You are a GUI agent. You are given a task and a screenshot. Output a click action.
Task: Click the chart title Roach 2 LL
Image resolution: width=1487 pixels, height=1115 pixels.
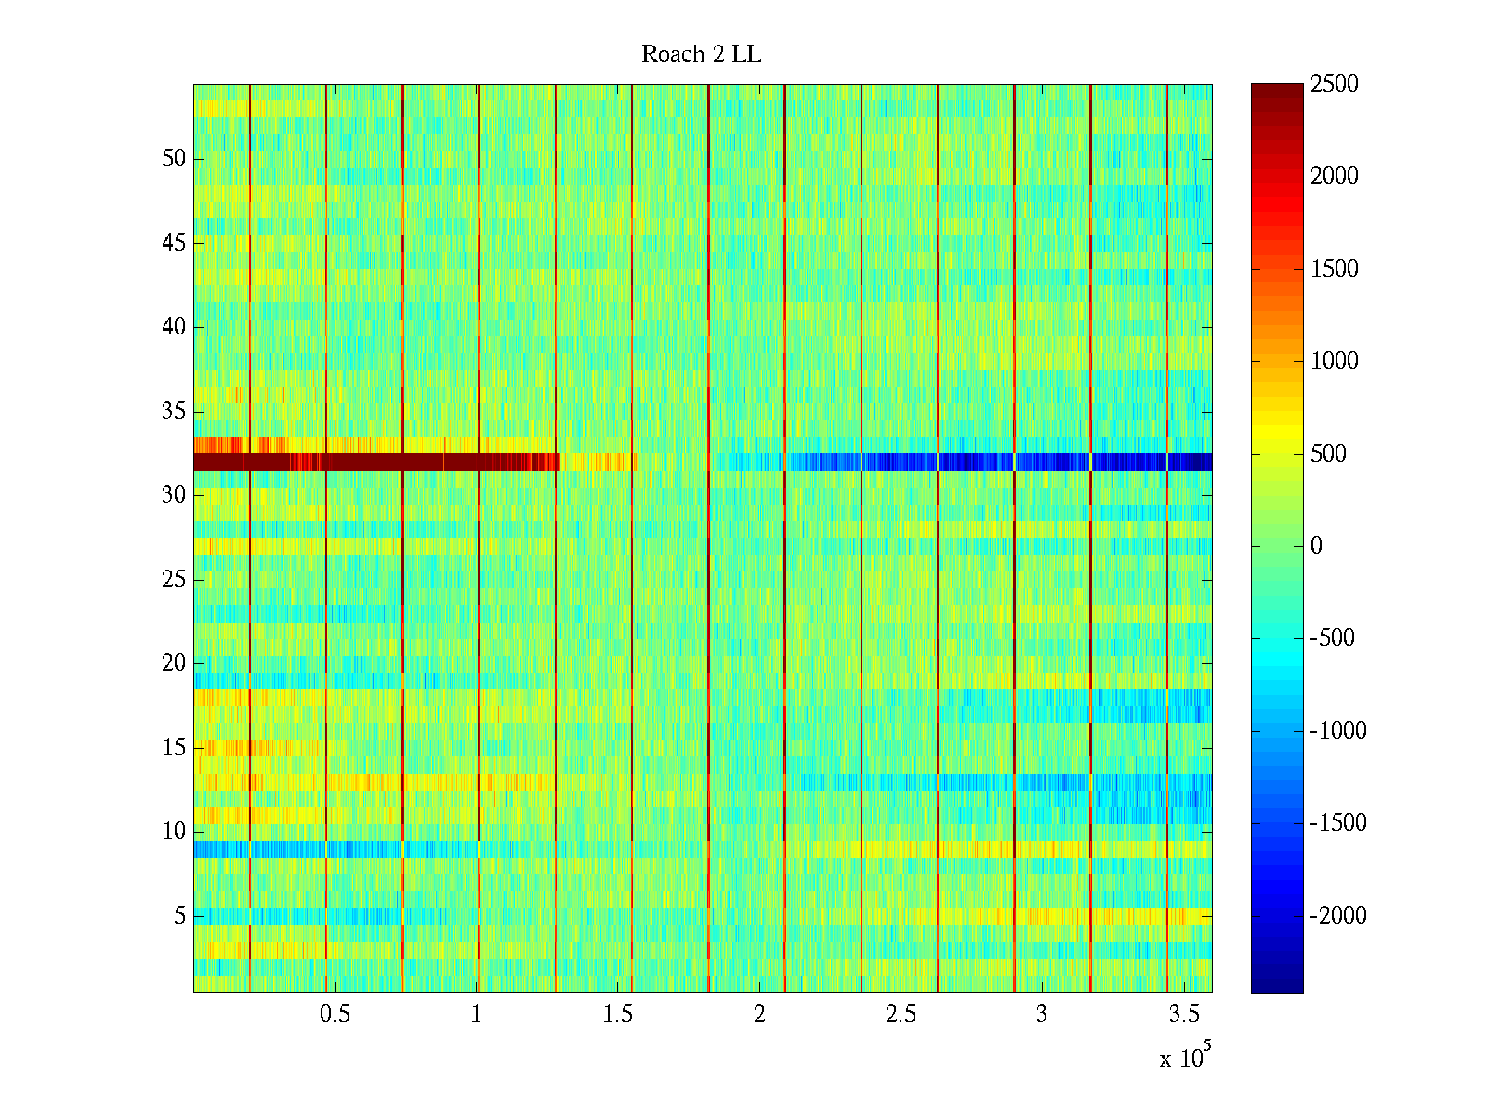(x=701, y=55)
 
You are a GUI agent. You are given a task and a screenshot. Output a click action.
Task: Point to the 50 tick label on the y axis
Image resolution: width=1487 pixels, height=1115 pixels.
(x=174, y=159)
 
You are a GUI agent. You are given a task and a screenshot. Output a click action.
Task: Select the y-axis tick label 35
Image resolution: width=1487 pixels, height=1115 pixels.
(x=174, y=412)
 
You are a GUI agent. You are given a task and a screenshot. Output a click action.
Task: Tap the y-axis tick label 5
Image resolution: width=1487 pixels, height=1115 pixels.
(x=179, y=916)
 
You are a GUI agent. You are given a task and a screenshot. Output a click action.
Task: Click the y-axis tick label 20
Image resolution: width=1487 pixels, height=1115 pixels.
(x=174, y=663)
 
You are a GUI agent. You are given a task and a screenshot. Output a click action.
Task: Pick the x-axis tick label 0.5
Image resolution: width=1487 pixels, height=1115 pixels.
(x=335, y=1015)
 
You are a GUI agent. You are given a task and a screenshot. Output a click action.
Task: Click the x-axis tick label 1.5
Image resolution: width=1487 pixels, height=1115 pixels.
(x=617, y=1015)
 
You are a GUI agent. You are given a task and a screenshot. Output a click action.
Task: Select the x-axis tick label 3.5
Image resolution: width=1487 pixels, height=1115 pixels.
(x=1183, y=1015)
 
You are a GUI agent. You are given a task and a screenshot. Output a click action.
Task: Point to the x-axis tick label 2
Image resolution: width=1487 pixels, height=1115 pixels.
(x=759, y=1015)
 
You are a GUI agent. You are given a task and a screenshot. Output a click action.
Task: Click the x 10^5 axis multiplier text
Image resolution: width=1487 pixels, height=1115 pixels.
(x=1184, y=1057)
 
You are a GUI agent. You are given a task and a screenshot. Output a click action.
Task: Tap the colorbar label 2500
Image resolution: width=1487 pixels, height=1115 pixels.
(x=1334, y=85)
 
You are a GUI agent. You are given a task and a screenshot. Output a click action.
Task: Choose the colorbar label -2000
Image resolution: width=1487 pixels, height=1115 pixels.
(x=1338, y=916)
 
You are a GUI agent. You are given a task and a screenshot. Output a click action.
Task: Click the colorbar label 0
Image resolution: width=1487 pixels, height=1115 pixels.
(x=1316, y=546)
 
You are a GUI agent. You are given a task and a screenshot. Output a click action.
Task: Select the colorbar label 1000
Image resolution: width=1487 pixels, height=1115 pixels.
(x=1334, y=361)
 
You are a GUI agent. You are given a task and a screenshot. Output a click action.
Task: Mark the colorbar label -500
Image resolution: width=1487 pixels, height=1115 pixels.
(x=1333, y=638)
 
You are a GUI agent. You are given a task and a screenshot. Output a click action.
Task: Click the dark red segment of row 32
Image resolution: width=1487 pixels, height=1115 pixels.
(x=372, y=462)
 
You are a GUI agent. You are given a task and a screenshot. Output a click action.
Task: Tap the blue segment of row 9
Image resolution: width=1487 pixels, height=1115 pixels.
(x=279, y=849)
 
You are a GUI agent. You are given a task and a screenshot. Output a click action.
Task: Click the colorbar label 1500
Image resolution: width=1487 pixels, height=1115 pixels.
(x=1334, y=269)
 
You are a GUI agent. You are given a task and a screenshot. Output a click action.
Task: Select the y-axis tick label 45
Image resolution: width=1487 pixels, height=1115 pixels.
(x=174, y=243)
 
